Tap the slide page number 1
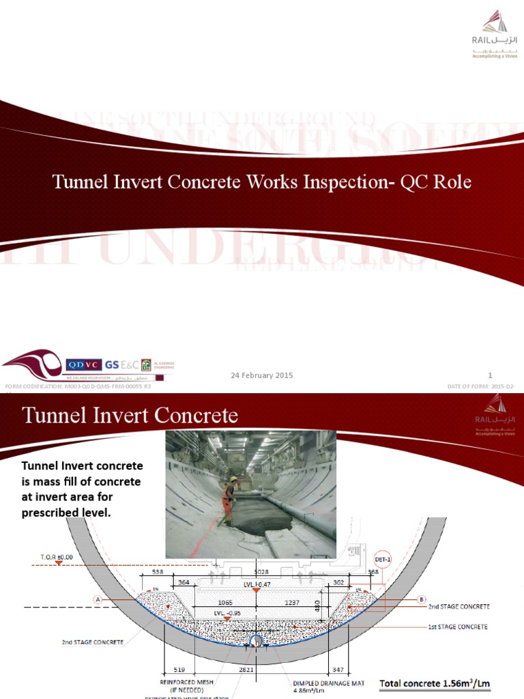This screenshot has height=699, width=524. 490,375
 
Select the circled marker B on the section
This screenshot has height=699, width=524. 420,600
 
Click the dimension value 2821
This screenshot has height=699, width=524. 246,670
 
